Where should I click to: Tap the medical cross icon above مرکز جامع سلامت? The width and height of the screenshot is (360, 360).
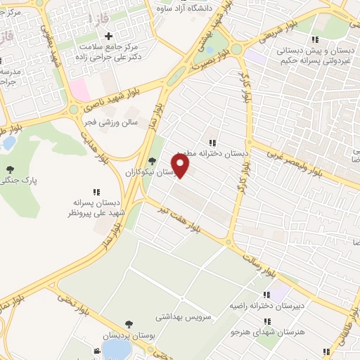[108, 37]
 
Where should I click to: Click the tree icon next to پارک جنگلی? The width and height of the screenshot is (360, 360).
[10, 169]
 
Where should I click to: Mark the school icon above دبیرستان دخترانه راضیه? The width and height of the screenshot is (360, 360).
[266, 295]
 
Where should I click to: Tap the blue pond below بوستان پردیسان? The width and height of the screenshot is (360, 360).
[112, 351]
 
